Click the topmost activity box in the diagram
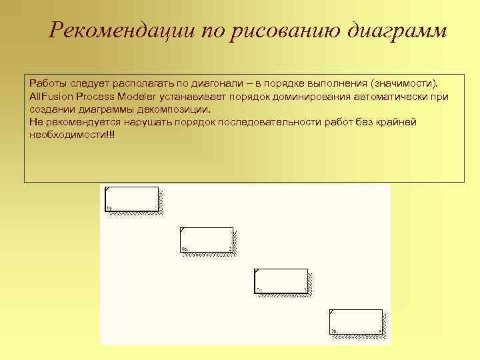pyautogui.click(x=132, y=199)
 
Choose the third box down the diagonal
pyautogui.click(x=281, y=281)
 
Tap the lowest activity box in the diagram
pyautogui.click(x=356, y=321)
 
